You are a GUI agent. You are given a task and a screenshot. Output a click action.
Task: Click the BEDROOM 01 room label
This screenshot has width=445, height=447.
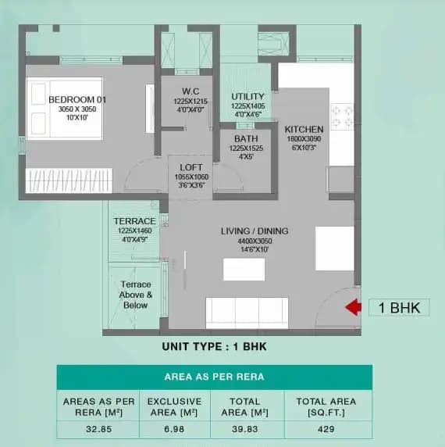tap(77, 100)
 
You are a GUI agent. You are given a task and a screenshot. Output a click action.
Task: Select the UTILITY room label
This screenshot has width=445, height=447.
tap(248, 97)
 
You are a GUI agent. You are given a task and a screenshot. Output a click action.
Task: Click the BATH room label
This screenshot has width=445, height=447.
tap(245, 138)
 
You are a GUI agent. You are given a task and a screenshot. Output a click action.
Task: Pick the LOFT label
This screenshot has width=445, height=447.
tap(191, 167)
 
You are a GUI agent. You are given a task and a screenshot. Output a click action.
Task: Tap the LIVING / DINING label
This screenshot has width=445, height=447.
tap(255, 231)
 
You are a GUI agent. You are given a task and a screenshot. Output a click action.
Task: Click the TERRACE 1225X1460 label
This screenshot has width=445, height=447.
tap(136, 222)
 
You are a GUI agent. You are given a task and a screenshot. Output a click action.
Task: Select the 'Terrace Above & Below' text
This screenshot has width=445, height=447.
tap(136, 295)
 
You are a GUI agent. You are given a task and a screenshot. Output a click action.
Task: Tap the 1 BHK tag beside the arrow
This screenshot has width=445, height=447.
tap(394, 307)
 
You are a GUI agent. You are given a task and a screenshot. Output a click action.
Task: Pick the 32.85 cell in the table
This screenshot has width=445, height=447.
tap(98, 428)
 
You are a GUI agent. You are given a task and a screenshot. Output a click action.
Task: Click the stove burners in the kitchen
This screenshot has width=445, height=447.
tap(340, 116)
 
